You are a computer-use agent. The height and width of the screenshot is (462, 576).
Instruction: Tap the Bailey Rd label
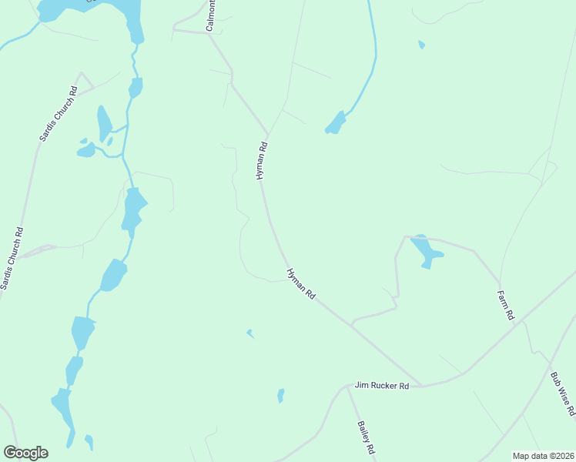(366, 437)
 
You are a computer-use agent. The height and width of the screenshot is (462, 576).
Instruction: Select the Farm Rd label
(505, 305)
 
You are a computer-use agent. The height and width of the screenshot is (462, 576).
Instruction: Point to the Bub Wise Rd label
(563, 394)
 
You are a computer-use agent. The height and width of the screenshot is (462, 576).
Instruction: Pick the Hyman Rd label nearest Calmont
(262, 161)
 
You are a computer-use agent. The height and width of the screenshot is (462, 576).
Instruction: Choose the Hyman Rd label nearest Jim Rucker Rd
(301, 284)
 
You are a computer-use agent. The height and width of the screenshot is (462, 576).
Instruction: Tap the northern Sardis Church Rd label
(59, 112)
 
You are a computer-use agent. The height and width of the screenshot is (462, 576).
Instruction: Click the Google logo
(25, 453)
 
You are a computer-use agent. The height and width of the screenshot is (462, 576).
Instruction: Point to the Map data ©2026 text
(542, 456)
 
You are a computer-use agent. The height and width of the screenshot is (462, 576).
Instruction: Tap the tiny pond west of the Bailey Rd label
(280, 396)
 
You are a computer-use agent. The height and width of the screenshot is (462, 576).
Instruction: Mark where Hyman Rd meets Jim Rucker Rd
(422, 385)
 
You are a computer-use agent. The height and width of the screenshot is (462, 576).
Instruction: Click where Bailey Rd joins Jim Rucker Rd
(347, 387)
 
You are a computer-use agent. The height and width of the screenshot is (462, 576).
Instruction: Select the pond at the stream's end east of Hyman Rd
(335, 123)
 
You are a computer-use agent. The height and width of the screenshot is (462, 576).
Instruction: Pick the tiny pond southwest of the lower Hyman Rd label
(249, 333)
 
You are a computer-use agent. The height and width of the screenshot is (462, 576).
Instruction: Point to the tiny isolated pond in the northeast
(420, 45)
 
